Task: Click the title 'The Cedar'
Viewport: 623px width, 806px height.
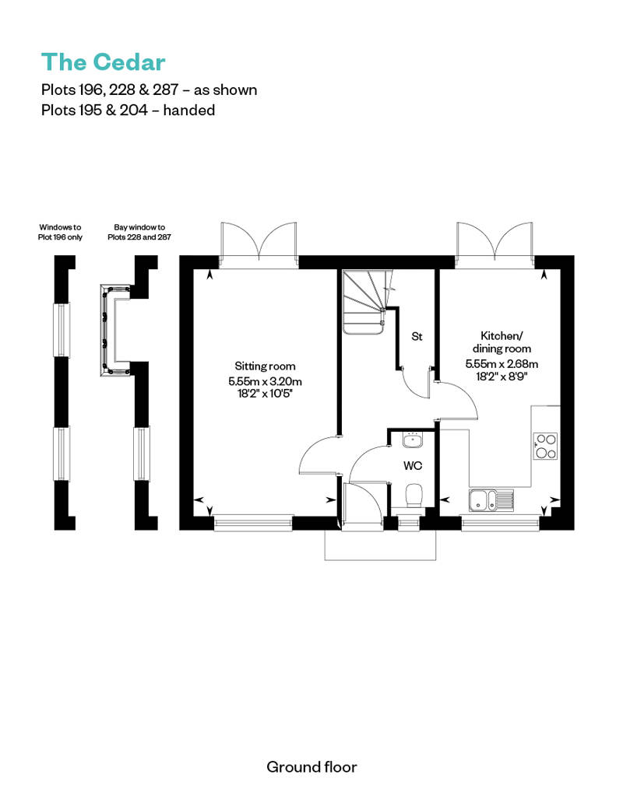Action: coord(104,62)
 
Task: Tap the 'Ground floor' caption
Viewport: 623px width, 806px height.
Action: coord(311,767)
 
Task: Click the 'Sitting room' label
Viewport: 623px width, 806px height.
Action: coord(265,366)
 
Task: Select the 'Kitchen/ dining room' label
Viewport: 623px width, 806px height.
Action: coord(502,342)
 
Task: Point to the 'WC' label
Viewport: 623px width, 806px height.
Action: coord(413,466)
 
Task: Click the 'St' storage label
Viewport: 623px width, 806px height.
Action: coord(417,337)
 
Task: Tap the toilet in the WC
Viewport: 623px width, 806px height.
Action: coord(414,496)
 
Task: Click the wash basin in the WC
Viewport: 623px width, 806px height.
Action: coord(412,440)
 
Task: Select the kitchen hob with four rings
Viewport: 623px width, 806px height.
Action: coord(545,447)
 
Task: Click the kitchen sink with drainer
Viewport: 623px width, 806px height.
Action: coord(491,500)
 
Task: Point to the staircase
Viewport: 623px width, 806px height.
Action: coord(364,302)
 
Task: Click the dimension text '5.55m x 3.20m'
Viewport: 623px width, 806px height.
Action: coord(265,381)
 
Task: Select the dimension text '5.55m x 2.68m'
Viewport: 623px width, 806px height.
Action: coord(502,364)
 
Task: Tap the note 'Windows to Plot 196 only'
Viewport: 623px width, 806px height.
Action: coord(60,233)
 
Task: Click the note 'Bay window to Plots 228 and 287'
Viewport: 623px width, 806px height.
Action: coord(139,233)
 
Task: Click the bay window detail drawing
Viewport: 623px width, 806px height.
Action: coord(116,329)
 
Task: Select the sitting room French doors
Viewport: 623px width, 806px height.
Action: coord(259,244)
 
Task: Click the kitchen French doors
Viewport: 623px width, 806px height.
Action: coord(495,244)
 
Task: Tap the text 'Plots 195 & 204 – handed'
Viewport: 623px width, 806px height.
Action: coord(128,110)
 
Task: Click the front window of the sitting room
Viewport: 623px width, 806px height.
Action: coord(253,523)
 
